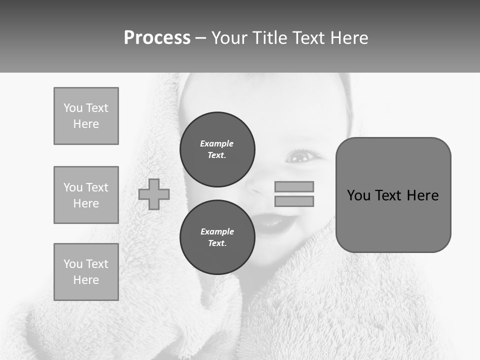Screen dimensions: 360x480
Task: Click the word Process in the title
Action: pos(157,38)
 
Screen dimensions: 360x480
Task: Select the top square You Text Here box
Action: pos(86,116)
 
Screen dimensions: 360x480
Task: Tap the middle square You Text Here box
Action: pos(86,195)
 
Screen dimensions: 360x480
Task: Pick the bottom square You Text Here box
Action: pos(86,272)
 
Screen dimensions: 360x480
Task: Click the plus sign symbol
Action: pos(154,194)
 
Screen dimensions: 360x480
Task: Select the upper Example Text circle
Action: pos(217,149)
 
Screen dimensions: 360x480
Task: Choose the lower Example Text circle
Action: pos(217,237)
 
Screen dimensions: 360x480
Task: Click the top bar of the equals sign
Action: pos(294,186)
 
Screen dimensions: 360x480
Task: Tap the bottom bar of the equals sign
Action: pos(294,201)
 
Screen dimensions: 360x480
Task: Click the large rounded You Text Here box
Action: pos(393,195)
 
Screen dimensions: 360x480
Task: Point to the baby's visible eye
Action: pos(300,156)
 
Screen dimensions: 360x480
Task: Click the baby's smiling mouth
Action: pos(275,221)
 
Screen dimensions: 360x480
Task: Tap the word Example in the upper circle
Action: pos(217,143)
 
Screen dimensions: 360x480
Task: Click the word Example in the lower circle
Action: pos(217,231)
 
